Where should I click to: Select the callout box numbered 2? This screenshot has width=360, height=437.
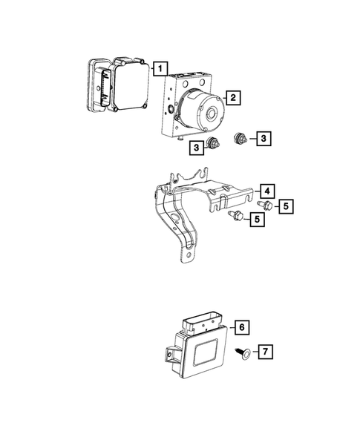click(232, 97)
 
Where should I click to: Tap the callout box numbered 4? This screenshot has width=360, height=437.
click(266, 190)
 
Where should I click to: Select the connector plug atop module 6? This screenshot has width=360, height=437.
click(203, 323)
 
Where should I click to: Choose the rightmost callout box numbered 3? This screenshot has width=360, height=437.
click(263, 137)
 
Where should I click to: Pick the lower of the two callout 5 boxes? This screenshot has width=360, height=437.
click(257, 220)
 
